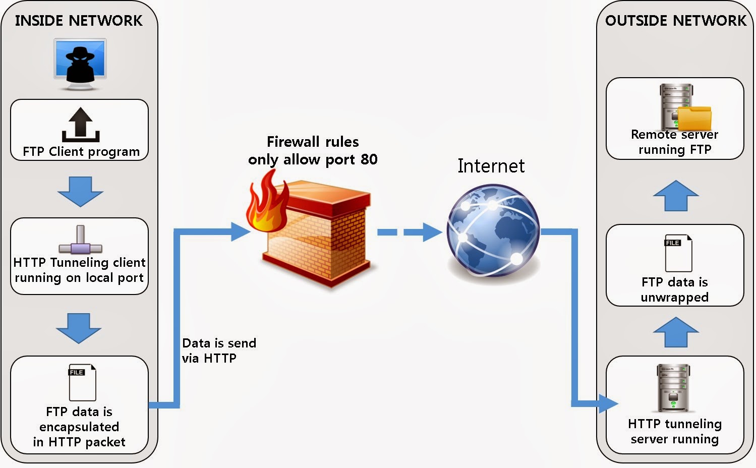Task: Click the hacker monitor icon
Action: click(80, 64)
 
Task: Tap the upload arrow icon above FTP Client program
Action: click(80, 125)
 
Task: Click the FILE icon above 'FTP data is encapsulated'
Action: click(82, 382)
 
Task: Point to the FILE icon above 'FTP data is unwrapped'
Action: click(678, 253)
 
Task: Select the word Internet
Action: click(491, 166)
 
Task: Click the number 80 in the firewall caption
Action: click(369, 159)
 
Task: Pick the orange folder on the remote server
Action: click(694, 118)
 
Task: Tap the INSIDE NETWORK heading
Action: click(79, 21)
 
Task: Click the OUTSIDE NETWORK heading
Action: click(675, 21)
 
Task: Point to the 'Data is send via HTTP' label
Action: click(219, 350)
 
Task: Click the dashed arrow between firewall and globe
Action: click(409, 232)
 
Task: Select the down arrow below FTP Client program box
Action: click(80, 191)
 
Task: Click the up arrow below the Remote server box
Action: click(675, 196)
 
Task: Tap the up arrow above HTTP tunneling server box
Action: click(675, 332)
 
